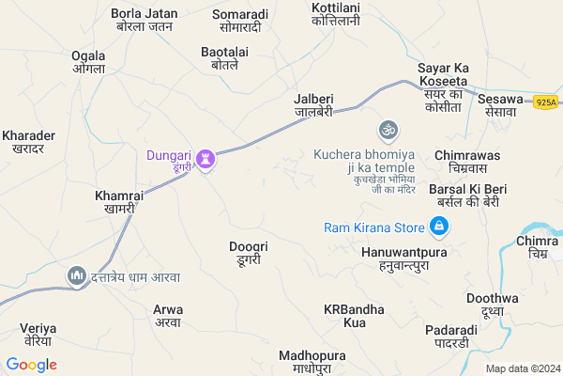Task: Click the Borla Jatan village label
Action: point(144,20)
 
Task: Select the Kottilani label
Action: point(335,13)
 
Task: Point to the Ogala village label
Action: point(88,62)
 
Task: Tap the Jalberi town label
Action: point(313,104)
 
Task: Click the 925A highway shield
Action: point(546,101)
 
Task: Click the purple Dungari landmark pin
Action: point(207,159)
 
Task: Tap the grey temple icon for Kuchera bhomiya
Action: point(387,129)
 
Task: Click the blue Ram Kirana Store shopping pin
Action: point(438,227)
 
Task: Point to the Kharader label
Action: point(29,142)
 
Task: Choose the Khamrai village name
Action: point(119,201)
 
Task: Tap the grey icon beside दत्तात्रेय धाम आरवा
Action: point(76,276)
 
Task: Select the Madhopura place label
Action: point(312,362)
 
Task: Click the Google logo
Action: point(30,365)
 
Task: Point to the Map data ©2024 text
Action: point(522,368)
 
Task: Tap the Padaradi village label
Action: point(450,337)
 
